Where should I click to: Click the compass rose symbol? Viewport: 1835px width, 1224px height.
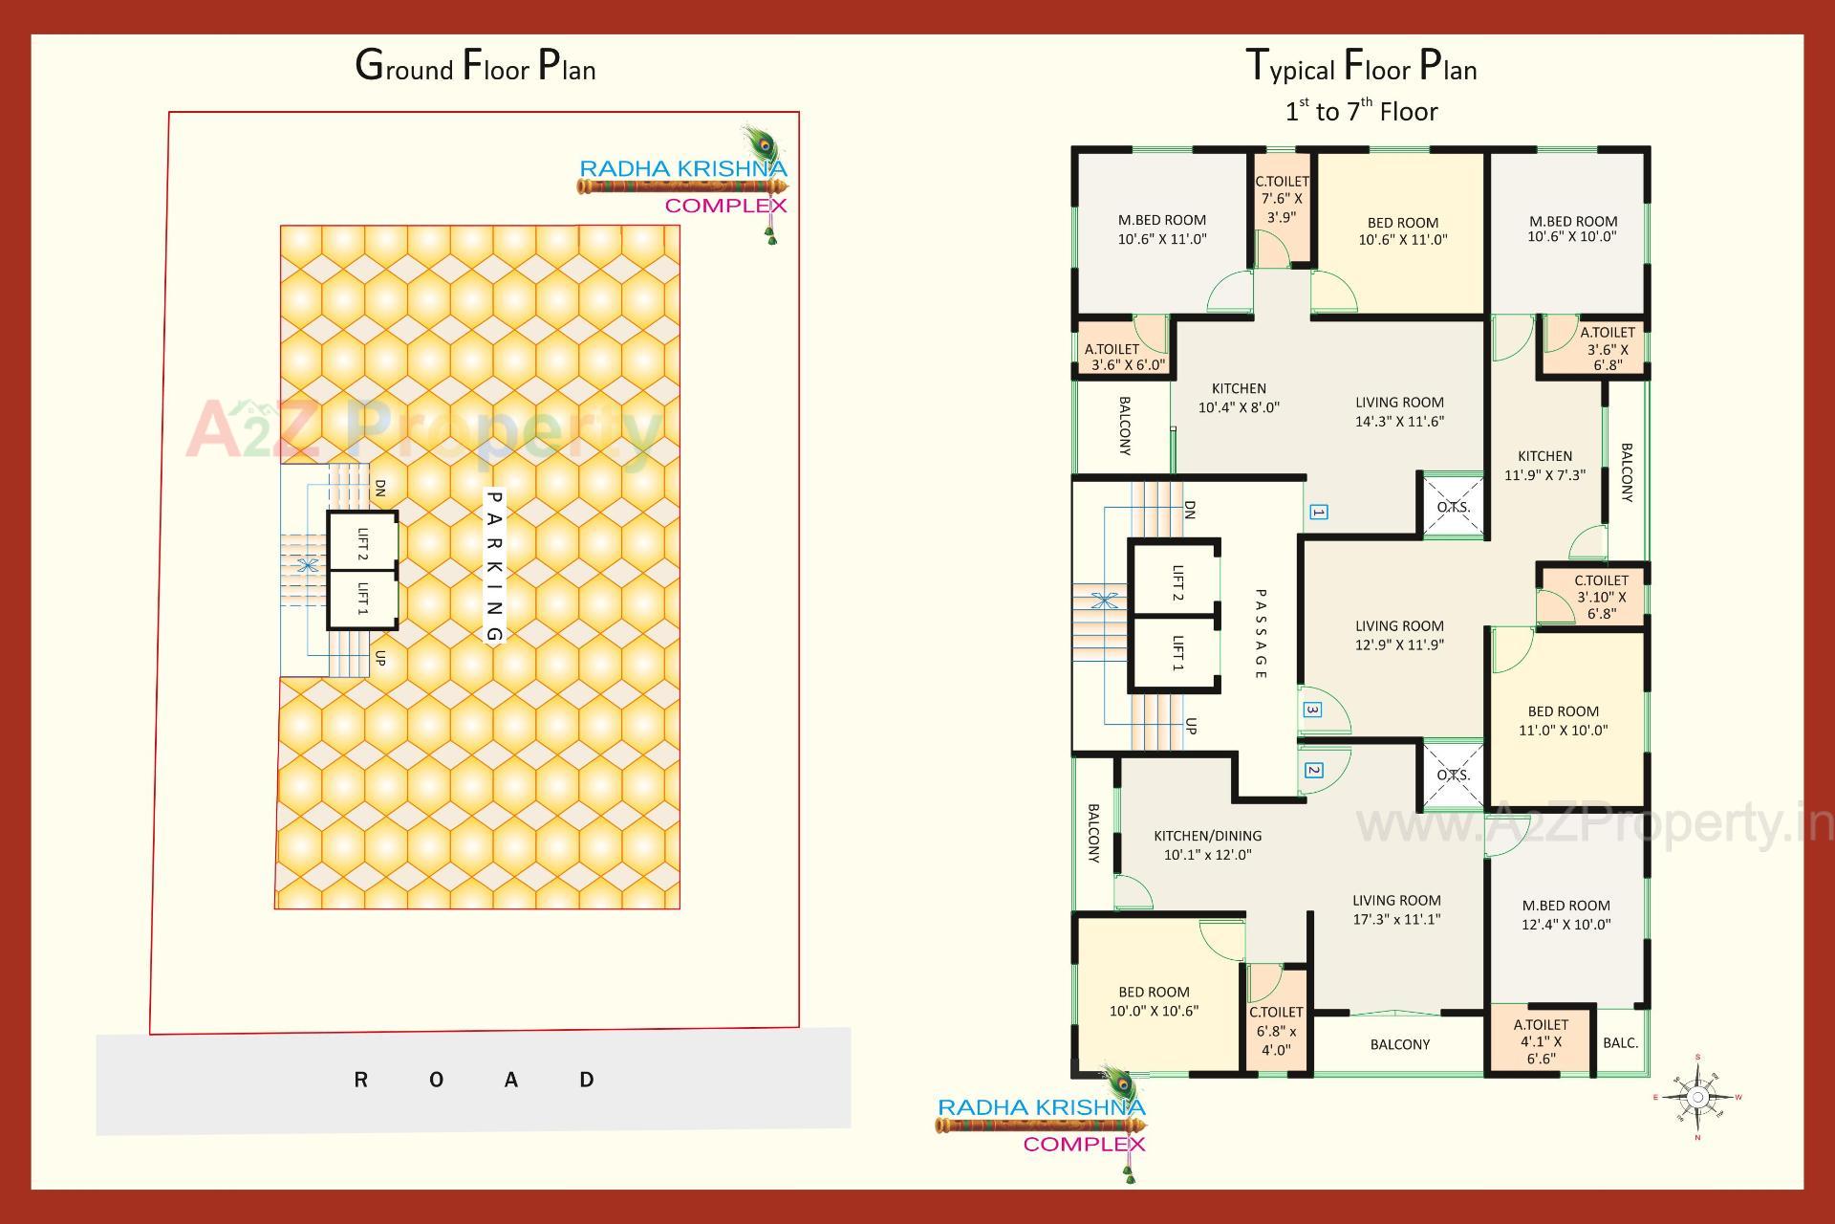pos(1697,1098)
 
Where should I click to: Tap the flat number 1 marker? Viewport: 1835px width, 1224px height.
pos(1318,513)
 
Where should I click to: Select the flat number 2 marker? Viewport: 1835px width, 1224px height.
pos(1313,770)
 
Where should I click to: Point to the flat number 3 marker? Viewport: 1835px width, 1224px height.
pos(1312,710)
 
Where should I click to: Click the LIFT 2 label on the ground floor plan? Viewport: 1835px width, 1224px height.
pos(362,543)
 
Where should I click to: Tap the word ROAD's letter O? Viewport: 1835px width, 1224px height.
pos(436,1081)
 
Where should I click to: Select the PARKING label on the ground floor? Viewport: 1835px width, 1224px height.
pos(494,566)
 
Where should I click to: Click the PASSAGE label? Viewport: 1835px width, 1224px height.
pos(1260,634)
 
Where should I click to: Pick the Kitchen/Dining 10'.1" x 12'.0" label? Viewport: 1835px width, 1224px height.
pos(1207,845)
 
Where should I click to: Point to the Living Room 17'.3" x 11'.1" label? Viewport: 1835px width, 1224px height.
pos(1396,909)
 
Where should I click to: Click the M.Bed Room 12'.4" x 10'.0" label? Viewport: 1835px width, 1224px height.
pos(1565,914)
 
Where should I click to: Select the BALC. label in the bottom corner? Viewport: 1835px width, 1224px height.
pos(1620,1042)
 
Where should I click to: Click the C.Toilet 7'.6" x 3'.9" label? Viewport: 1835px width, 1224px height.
pos(1282,199)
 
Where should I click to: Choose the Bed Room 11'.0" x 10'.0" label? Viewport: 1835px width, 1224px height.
pos(1563,720)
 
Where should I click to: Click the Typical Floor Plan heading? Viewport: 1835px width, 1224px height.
pos(1361,67)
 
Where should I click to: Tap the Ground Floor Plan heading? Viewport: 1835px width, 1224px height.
pos(475,67)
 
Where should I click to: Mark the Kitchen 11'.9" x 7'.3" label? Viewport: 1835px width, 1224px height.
pos(1544,465)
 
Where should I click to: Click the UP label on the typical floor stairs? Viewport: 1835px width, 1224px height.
pos(1191,726)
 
